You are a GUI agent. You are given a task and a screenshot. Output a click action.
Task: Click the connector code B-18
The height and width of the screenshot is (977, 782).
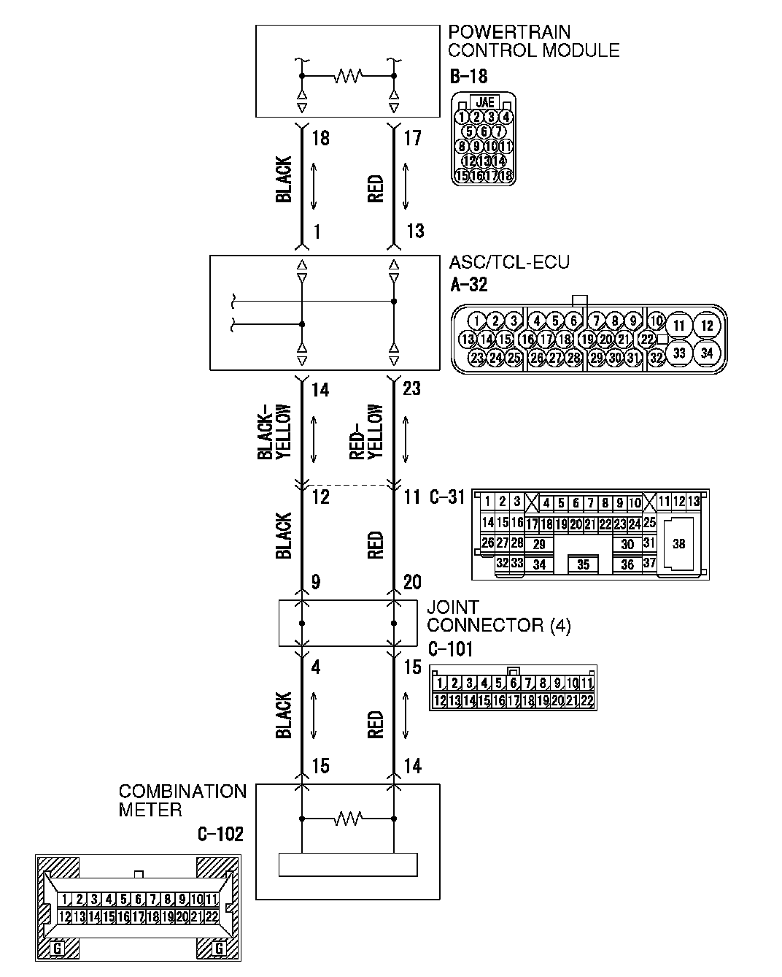(468, 76)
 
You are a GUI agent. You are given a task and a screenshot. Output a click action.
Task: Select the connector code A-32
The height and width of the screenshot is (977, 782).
(469, 285)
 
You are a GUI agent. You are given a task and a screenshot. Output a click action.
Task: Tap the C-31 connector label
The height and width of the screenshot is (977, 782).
(446, 498)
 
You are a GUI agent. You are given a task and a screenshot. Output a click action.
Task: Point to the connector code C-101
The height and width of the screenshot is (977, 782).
(449, 648)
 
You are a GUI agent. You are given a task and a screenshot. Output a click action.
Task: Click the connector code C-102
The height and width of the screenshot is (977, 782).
(220, 834)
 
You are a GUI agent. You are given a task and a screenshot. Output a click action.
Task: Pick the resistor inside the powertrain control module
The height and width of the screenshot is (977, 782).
(348, 75)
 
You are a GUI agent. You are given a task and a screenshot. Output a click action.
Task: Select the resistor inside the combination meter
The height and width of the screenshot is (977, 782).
(348, 819)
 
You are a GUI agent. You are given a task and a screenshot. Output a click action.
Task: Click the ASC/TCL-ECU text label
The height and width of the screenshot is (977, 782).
(509, 262)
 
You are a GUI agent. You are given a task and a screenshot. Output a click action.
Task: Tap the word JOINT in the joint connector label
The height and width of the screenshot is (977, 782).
(452, 608)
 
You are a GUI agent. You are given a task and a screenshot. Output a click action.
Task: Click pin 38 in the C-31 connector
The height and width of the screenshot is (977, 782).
(678, 544)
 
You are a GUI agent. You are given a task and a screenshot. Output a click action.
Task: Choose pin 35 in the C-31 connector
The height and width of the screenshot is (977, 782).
(583, 564)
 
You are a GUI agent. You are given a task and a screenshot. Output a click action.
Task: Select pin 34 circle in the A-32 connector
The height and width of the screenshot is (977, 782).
(705, 352)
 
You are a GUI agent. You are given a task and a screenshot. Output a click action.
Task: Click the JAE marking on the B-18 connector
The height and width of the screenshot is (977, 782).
(484, 103)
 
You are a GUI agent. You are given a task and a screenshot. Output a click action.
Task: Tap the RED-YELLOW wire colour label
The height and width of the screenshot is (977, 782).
(366, 432)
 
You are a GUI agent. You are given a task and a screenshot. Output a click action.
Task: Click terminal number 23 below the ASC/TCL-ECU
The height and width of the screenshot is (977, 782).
(411, 388)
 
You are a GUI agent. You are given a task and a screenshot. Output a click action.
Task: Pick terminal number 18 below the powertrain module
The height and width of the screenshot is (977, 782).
(320, 138)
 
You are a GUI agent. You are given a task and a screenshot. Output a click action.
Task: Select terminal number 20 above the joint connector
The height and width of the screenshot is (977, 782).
(412, 582)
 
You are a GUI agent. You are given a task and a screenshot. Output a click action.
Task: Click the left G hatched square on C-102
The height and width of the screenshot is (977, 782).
(58, 949)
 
